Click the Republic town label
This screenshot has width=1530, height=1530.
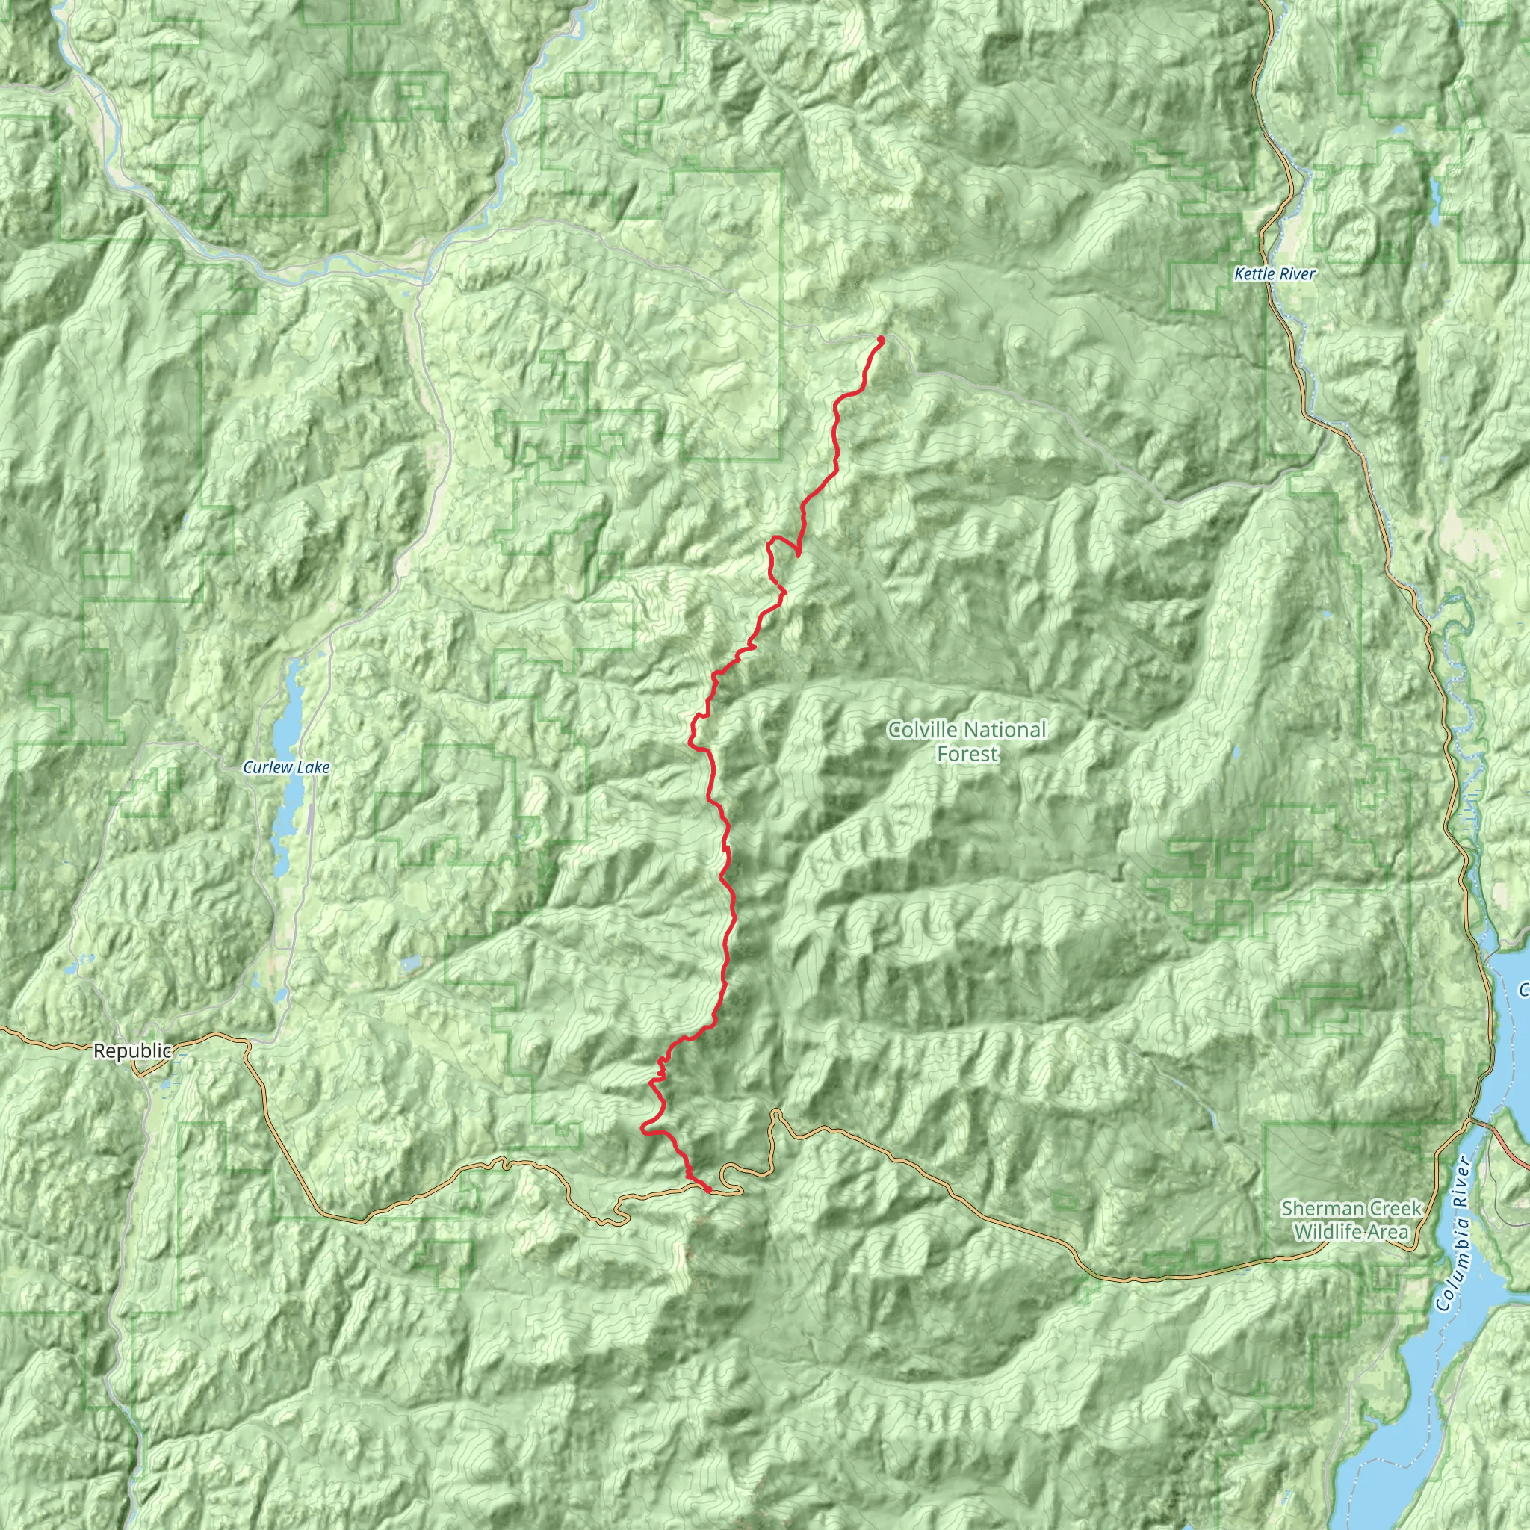coord(131,1051)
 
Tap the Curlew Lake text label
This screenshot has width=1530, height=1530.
coord(286,767)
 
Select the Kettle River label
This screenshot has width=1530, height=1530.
coord(1275,274)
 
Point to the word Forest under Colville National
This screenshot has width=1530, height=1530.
coord(967,754)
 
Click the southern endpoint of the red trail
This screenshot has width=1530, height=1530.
coord(707,1189)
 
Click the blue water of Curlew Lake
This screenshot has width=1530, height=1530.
coord(287,721)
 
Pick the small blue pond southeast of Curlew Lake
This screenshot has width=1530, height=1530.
coord(411,963)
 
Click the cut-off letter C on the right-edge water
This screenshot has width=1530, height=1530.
coord(1524,989)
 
